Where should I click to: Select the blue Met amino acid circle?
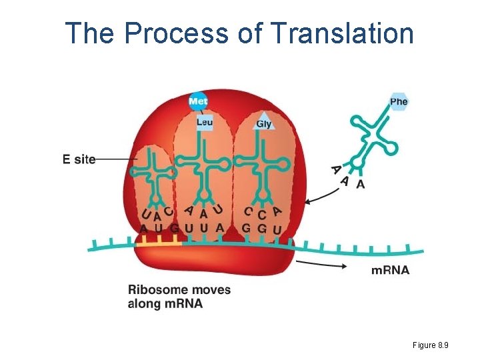(198, 101)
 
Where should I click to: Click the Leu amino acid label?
(205, 122)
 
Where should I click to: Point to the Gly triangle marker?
(264, 122)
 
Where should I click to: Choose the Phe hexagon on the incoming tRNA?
(399, 101)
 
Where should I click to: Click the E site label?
(79, 159)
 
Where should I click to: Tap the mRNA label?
(390, 270)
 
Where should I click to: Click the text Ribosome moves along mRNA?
(179, 297)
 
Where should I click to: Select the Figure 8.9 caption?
(430, 345)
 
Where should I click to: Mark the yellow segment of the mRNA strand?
(159, 245)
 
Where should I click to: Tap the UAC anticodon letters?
(157, 213)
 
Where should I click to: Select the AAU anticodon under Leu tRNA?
(203, 212)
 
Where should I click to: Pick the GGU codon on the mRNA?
(262, 229)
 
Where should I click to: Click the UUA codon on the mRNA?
(204, 229)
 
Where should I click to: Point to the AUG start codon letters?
(159, 229)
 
